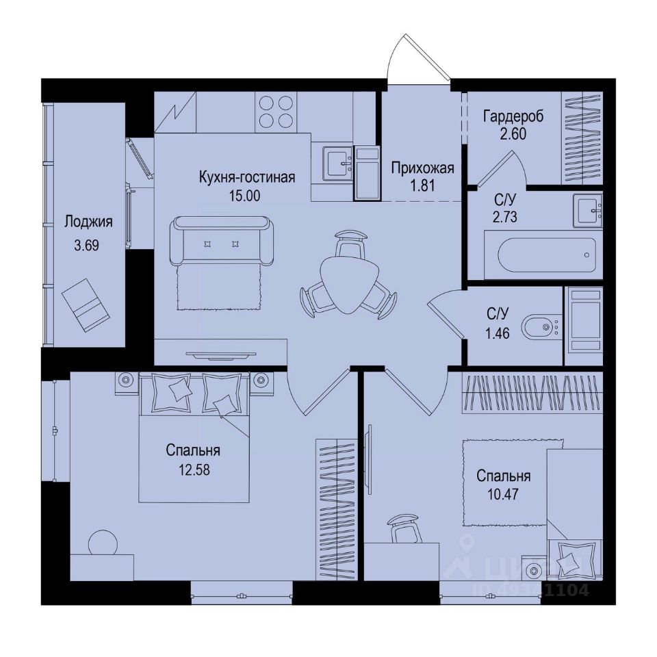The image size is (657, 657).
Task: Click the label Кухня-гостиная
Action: click(x=246, y=178)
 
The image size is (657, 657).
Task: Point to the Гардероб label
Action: click(x=513, y=116)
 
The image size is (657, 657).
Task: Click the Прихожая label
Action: click(x=422, y=167)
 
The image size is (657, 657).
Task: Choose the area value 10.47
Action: click(x=503, y=493)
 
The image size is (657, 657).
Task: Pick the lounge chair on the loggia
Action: click(x=85, y=303)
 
